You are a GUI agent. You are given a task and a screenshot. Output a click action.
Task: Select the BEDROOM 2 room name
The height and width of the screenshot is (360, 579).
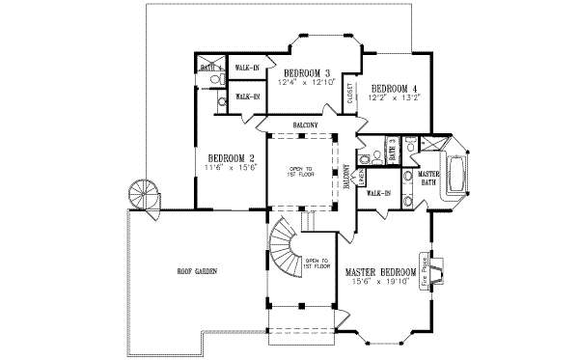[x=232, y=158]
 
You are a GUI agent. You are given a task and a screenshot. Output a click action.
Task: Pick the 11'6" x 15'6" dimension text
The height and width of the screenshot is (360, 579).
[x=232, y=168]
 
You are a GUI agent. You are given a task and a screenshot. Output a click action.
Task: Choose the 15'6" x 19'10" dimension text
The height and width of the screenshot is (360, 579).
[x=382, y=284]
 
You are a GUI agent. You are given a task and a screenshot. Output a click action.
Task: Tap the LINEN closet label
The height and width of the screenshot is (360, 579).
[x=359, y=180]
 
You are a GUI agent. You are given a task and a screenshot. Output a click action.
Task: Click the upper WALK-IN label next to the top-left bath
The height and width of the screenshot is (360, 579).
[x=246, y=67]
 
